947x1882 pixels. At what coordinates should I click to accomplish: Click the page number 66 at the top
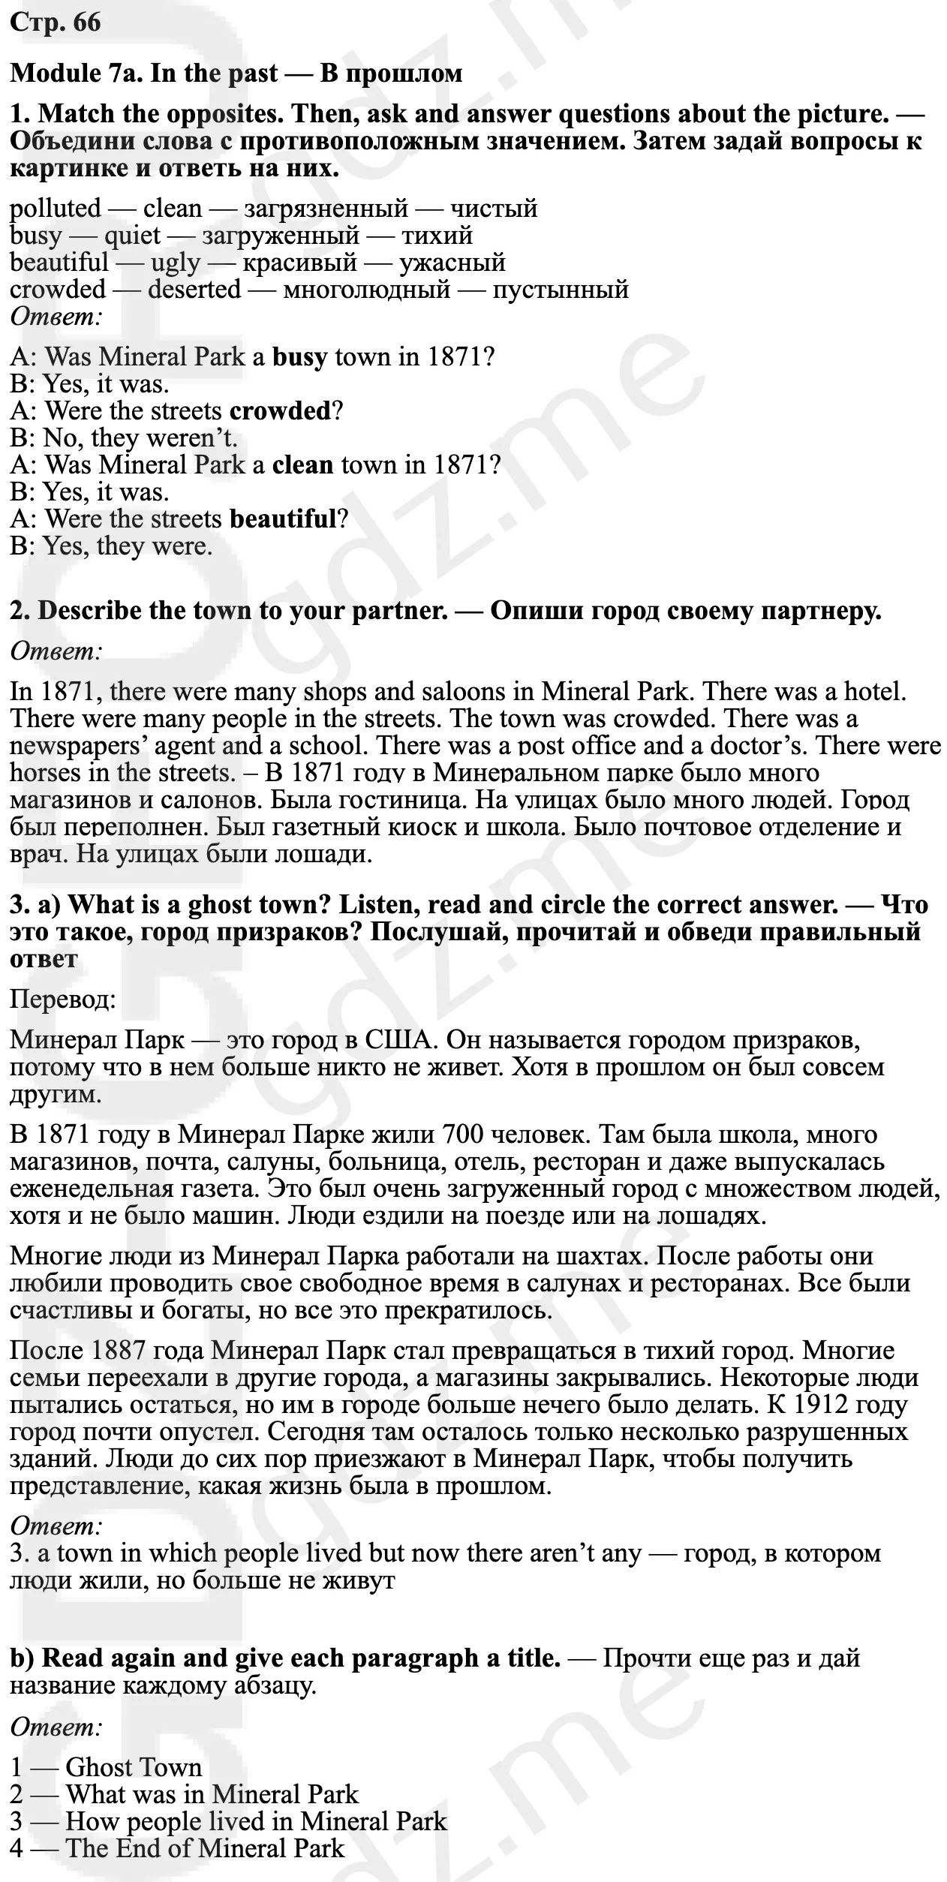coord(86,23)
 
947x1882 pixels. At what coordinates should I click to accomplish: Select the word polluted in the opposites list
coord(55,209)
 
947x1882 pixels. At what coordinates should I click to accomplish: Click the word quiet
coord(132,236)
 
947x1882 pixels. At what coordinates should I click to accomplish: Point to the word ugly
coord(176,263)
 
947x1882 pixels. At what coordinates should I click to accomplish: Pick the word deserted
coord(194,289)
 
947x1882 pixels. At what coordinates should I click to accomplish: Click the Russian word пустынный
coord(560,289)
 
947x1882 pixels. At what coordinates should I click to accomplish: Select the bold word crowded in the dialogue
coord(280,410)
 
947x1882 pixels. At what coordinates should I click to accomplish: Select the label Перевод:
coord(62,1000)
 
